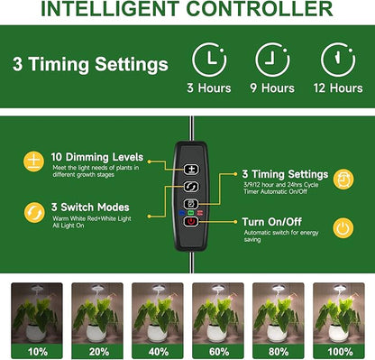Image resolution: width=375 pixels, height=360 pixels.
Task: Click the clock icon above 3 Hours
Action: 209,59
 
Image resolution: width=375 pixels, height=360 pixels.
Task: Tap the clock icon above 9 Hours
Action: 272,59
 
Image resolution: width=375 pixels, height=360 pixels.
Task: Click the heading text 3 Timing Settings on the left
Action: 90,65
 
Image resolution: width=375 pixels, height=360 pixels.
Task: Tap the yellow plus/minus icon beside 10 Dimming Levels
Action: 33,162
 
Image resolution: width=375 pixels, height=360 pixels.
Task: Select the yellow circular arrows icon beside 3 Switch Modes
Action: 33,213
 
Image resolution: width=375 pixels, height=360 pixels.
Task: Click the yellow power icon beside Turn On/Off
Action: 343,228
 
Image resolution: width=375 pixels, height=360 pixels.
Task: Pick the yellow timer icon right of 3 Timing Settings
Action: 343,180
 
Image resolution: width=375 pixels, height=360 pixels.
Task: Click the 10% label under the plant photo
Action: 36,350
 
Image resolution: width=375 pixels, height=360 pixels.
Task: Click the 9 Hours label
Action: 273,88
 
